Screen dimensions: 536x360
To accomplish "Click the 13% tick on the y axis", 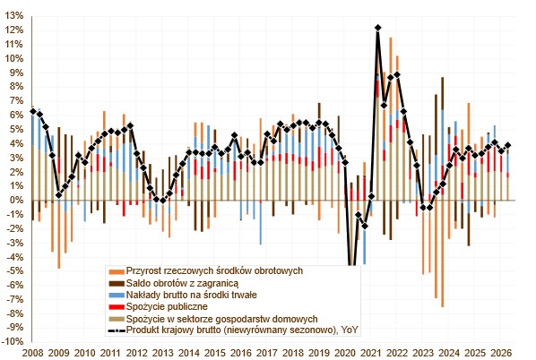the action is click(14, 16).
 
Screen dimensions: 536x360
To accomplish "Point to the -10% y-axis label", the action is click(13, 342).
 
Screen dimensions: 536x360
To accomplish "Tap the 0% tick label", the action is click(17, 201).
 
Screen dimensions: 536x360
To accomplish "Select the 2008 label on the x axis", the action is click(33, 353).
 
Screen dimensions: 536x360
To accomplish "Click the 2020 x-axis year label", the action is click(345, 353).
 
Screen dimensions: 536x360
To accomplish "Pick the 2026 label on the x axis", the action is click(501, 353).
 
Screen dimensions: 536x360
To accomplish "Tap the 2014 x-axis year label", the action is click(189, 353).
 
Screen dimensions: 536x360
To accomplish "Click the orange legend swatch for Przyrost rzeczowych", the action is click(117, 272).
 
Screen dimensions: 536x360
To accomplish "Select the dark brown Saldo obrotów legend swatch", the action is click(117, 284).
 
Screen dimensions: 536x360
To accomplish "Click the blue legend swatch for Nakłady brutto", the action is click(117, 296).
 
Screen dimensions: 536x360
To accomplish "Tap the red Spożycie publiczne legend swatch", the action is click(117, 307).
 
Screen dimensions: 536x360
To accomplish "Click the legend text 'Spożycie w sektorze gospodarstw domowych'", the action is click(222, 319).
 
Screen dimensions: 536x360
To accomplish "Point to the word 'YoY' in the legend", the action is click(350, 330).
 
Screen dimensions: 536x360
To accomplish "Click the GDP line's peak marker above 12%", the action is click(377, 28).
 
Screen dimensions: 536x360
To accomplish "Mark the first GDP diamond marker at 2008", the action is click(33, 111).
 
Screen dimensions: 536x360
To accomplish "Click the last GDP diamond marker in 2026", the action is click(508, 145).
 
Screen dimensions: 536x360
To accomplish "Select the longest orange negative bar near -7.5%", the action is click(443, 253).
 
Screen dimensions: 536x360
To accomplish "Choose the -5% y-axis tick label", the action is click(15, 271).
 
